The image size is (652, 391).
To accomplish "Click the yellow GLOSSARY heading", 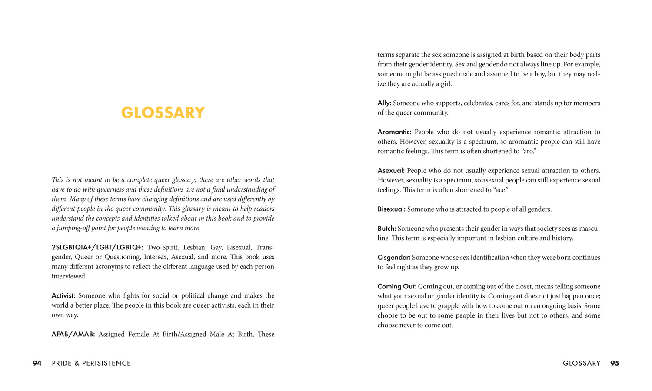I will [163, 113].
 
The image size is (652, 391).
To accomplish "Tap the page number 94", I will [37, 363].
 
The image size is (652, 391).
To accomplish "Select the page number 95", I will [615, 363].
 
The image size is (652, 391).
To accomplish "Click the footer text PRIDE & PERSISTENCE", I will [91, 363].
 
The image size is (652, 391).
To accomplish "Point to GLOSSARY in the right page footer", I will [582, 363].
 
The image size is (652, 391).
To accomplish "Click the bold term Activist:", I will [63, 296].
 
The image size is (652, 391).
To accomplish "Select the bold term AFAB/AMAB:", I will [73, 335].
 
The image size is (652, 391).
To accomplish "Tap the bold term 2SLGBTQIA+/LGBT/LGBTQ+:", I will [97, 248].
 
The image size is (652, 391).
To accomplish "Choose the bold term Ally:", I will [384, 103].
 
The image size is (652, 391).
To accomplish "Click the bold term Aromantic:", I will [394, 132].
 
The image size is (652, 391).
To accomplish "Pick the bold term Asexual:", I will [391, 171].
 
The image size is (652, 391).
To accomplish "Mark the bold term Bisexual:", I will [391, 209].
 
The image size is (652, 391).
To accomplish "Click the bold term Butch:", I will [387, 229].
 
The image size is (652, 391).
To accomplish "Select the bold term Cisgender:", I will [394, 258].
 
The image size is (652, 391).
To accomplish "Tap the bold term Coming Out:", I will [397, 287].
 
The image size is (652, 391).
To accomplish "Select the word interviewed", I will [69, 276].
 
